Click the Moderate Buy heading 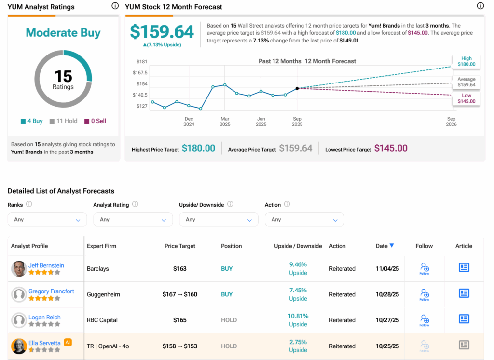point(63,33)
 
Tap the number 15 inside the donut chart point(63,76)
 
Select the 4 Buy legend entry point(32,121)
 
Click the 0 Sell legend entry point(95,121)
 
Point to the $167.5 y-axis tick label point(140,73)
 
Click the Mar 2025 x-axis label point(225,121)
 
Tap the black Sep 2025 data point point(297,88)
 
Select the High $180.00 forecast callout point(466,61)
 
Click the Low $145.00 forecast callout point(466,98)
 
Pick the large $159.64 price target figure point(162,32)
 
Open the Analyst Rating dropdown point(133,220)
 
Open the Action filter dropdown point(304,220)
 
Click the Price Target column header point(180,246)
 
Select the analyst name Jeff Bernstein point(46,265)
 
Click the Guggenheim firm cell point(104,294)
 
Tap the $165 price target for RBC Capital point(180,320)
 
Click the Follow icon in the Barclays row point(424,268)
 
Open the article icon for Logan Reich point(464,319)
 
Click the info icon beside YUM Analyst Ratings point(115,6)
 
